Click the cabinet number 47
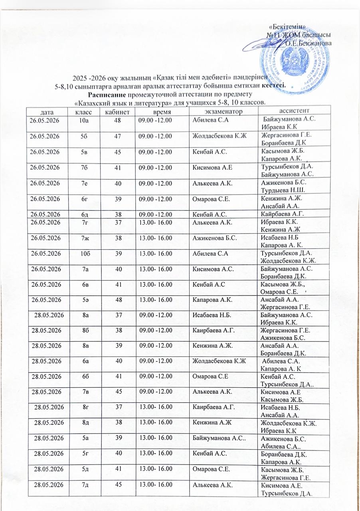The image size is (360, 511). [116, 136]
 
